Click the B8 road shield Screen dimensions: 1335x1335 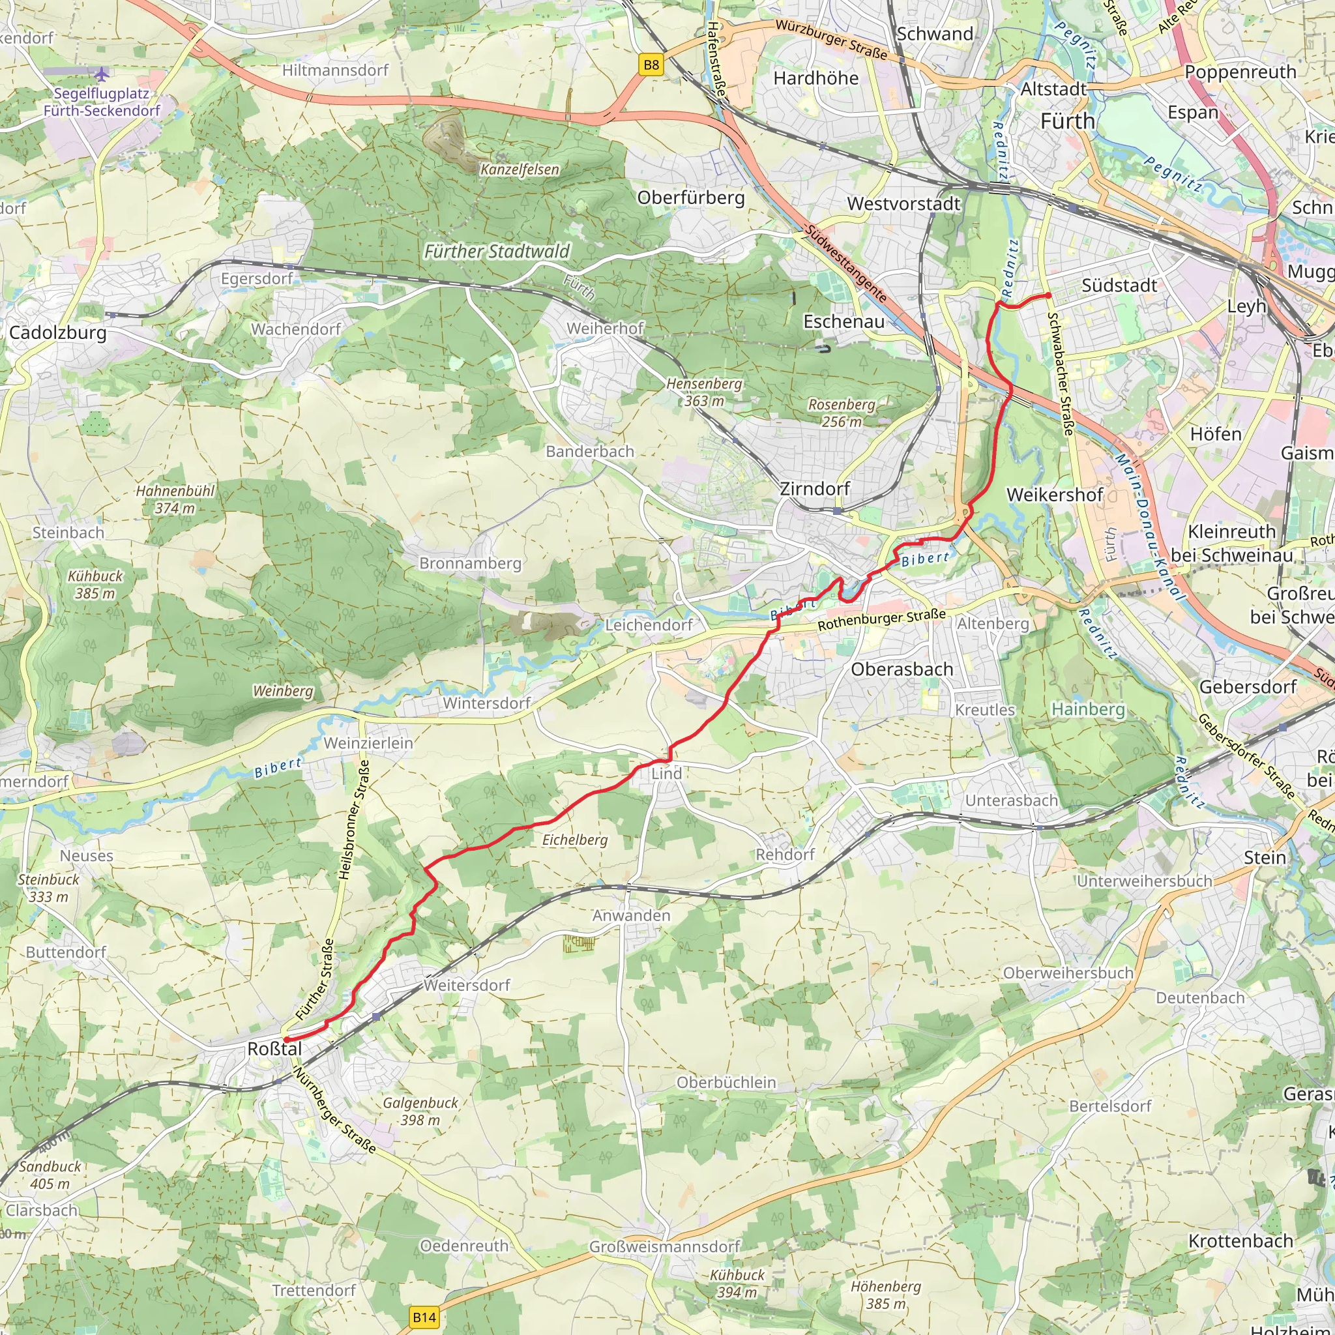click(651, 65)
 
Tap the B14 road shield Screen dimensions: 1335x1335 click(424, 1317)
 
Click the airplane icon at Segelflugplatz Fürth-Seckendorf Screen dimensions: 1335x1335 click(102, 73)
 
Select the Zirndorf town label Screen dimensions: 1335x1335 click(815, 488)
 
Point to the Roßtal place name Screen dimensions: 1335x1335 click(274, 1049)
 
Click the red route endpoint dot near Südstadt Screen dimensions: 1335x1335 click(1048, 295)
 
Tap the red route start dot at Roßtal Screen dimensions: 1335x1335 click(286, 1038)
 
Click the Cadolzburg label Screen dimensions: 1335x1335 click(58, 332)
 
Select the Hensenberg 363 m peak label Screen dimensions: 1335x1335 click(704, 392)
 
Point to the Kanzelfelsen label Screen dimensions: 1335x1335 click(520, 169)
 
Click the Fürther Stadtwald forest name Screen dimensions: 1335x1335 click(497, 252)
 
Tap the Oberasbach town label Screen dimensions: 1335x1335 click(902, 669)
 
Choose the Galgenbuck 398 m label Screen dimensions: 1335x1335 click(420, 1111)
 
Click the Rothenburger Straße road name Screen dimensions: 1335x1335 click(881, 619)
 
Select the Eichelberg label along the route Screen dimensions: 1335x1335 click(574, 840)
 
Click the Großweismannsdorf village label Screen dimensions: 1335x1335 click(664, 1246)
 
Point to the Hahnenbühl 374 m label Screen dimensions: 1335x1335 click(175, 499)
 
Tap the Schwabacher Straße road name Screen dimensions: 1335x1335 click(1061, 374)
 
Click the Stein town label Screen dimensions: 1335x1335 click(1265, 858)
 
